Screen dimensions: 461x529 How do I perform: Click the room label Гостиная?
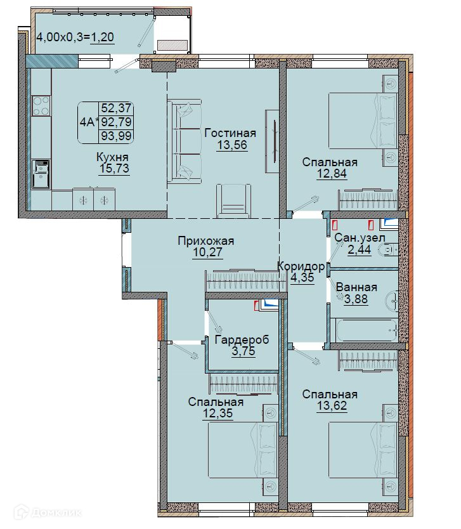click(230, 133)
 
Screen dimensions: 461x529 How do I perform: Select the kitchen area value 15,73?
click(114, 168)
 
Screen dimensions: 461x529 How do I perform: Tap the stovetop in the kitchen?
click(41, 105)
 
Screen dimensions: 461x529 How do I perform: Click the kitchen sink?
click(41, 174)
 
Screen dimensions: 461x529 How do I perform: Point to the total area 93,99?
click(116, 136)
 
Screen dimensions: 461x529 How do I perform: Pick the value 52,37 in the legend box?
click(116, 108)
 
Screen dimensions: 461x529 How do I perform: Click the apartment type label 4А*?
click(88, 122)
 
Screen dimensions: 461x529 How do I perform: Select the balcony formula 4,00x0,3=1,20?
click(75, 37)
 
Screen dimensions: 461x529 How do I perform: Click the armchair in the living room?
click(234, 201)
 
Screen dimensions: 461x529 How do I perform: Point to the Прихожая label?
click(205, 241)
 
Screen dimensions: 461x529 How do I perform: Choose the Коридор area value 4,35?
click(302, 278)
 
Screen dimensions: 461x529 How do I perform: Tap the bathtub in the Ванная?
click(364, 330)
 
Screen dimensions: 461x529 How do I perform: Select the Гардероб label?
click(242, 339)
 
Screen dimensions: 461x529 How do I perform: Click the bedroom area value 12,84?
click(332, 173)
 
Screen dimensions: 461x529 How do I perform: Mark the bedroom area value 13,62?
click(332, 405)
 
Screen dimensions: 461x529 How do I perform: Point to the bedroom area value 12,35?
click(218, 413)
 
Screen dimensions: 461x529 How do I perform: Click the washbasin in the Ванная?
click(393, 299)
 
